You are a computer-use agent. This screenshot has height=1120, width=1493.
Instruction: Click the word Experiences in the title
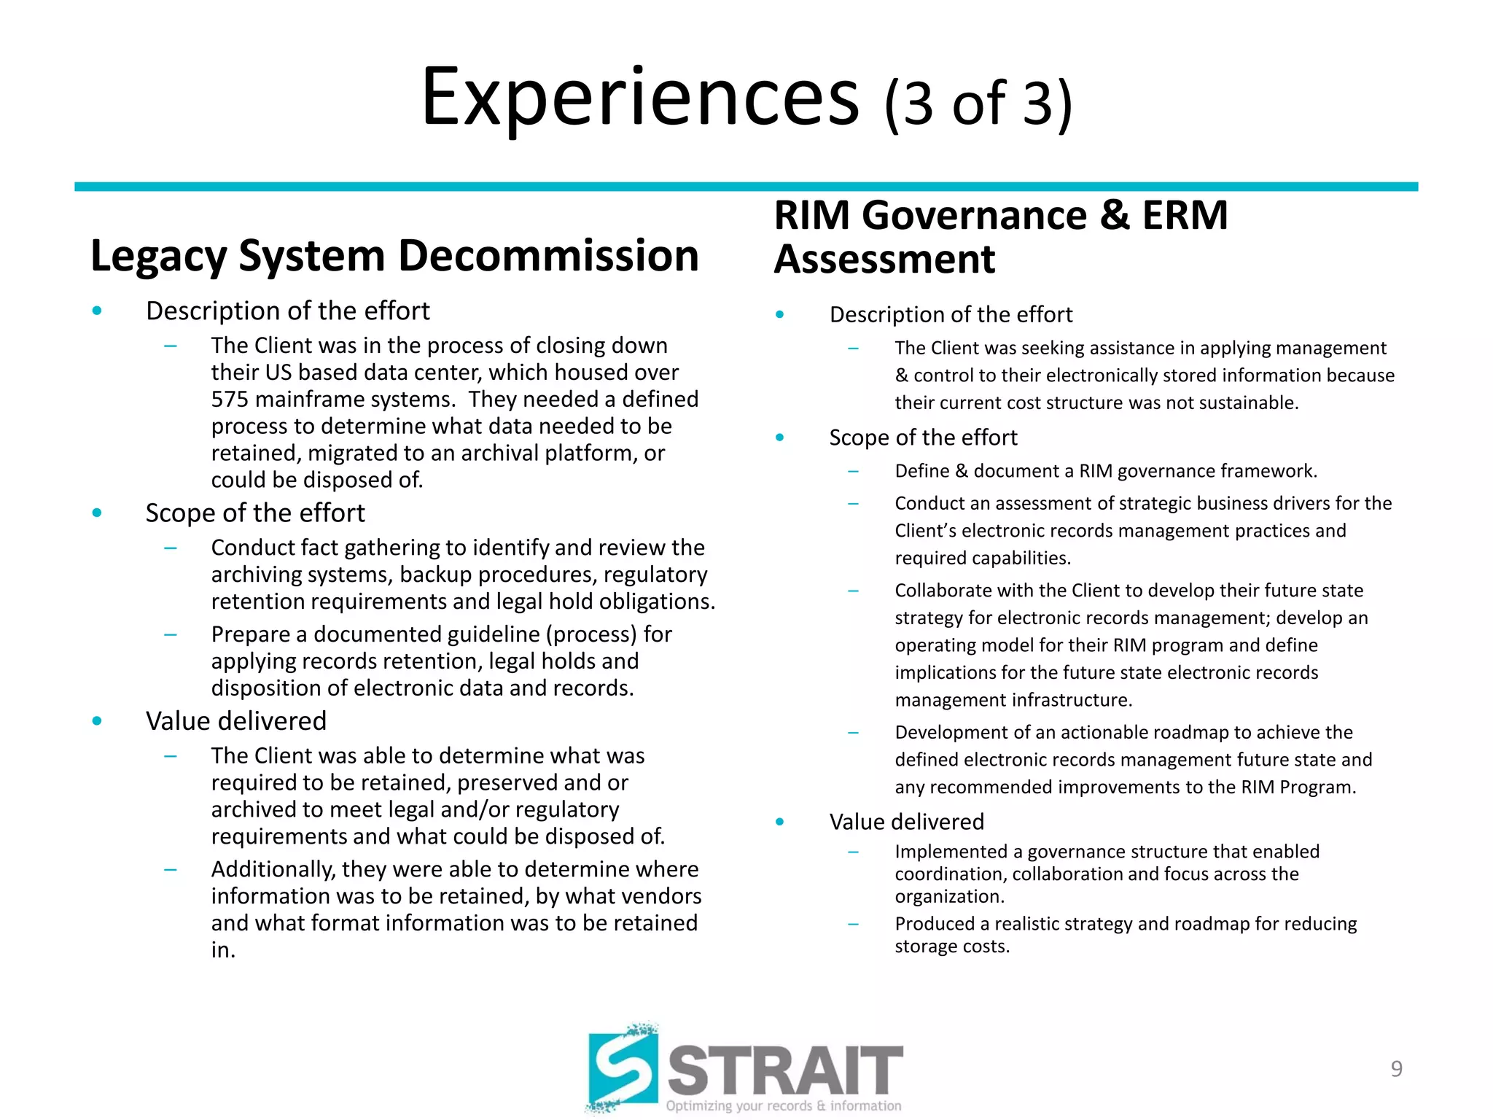coord(640,98)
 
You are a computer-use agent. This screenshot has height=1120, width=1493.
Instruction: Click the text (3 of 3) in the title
coord(978,104)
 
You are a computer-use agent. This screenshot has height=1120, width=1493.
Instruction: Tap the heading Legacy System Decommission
coord(394,256)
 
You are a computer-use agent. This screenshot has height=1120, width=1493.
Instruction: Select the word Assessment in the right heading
coord(884,260)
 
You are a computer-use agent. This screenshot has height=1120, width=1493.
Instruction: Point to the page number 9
coord(1396,1069)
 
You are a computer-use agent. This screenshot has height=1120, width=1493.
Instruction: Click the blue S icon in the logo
coord(623,1069)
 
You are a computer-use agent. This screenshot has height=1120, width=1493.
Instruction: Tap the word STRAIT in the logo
coord(785,1070)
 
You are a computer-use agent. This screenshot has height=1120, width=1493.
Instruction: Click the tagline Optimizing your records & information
coord(783,1106)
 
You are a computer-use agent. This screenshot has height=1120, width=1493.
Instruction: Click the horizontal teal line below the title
coord(746,187)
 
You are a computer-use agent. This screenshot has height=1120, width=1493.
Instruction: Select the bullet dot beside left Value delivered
coord(97,721)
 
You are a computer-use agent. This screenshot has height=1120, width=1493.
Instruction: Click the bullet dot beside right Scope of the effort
coord(780,437)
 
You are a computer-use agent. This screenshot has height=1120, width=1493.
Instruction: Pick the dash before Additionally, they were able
coord(171,869)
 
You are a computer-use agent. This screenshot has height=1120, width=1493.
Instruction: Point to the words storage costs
coord(951,946)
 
